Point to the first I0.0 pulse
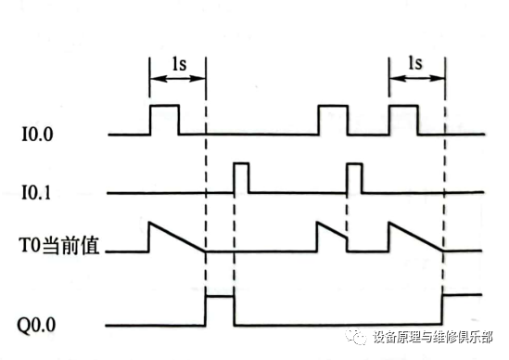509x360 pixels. pos(164,120)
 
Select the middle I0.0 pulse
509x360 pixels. pos(333,120)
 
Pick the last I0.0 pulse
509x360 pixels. pos(403,120)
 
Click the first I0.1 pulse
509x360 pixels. pos(241,177)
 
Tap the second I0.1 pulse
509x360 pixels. pos(353,177)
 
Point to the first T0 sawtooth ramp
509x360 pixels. pos(176,238)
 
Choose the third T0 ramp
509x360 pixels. pos(416,238)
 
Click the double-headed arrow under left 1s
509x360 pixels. pos(176,81)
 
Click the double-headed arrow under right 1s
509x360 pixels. pos(417,81)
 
